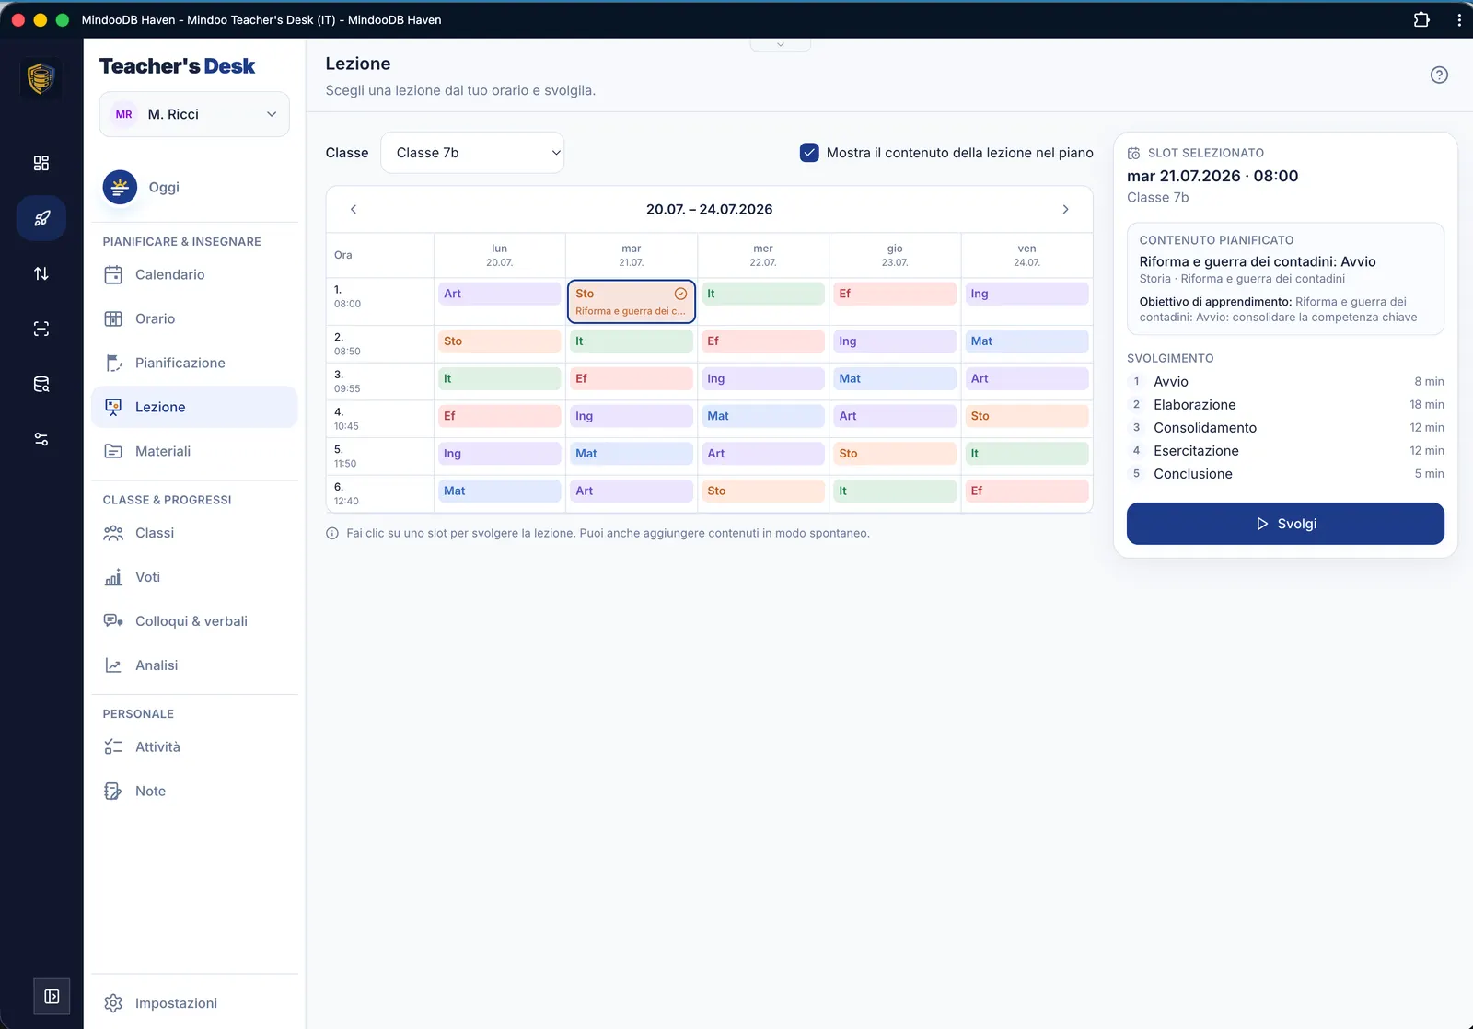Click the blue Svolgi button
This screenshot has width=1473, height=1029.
click(x=1285, y=524)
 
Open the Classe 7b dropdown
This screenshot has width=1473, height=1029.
click(x=472, y=153)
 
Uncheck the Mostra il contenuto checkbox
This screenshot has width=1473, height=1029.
click(x=809, y=153)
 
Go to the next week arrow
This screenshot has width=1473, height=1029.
click(x=1065, y=209)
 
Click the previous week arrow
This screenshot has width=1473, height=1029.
click(x=354, y=209)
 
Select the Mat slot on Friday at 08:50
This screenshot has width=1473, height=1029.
click(x=1026, y=341)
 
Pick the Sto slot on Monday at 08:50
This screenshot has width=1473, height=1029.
click(x=499, y=341)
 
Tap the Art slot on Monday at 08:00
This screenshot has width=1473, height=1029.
click(x=499, y=294)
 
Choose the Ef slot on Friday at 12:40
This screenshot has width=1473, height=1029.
click(x=1026, y=491)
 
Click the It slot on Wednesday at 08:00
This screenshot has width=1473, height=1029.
click(x=763, y=294)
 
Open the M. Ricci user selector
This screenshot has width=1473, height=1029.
click(x=194, y=114)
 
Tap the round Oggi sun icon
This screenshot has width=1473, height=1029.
click(x=120, y=188)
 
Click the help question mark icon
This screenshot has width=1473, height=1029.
click(x=1439, y=75)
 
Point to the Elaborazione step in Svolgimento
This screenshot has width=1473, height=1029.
click(x=1194, y=404)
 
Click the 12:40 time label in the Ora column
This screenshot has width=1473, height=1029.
click(x=346, y=501)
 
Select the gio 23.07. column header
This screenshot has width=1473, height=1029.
click(x=894, y=255)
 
